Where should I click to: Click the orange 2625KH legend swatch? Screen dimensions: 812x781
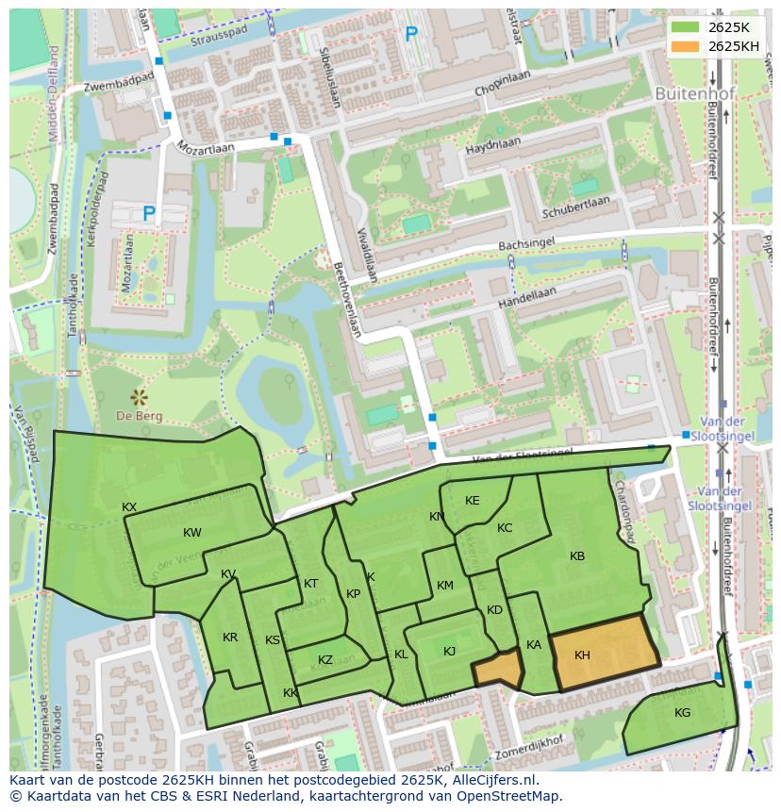click(x=686, y=46)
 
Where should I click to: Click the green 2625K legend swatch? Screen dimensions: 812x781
click(x=686, y=26)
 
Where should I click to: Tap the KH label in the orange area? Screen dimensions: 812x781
click(x=582, y=655)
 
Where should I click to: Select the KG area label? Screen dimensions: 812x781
click(x=682, y=713)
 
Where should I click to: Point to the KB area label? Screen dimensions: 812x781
click(x=577, y=556)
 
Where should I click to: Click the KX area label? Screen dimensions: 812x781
click(x=129, y=507)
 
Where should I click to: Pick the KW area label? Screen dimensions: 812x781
click(x=192, y=533)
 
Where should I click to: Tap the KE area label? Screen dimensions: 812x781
click(x=473, y=501)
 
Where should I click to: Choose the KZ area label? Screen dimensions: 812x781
click(x=325, y=660)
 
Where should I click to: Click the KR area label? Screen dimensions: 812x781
click(x=230, y=638)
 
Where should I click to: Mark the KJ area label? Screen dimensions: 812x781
click(x=450, y=652)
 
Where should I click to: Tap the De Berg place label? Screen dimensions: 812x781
click(x=140, y=416)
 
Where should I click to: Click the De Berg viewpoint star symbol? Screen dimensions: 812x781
click(x=140, y=396)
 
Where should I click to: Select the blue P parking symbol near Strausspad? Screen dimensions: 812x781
click(x=411, y=35)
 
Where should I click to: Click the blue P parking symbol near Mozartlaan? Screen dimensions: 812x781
click(x=148, y=215)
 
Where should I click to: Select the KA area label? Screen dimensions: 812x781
click(x=534, y=645)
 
